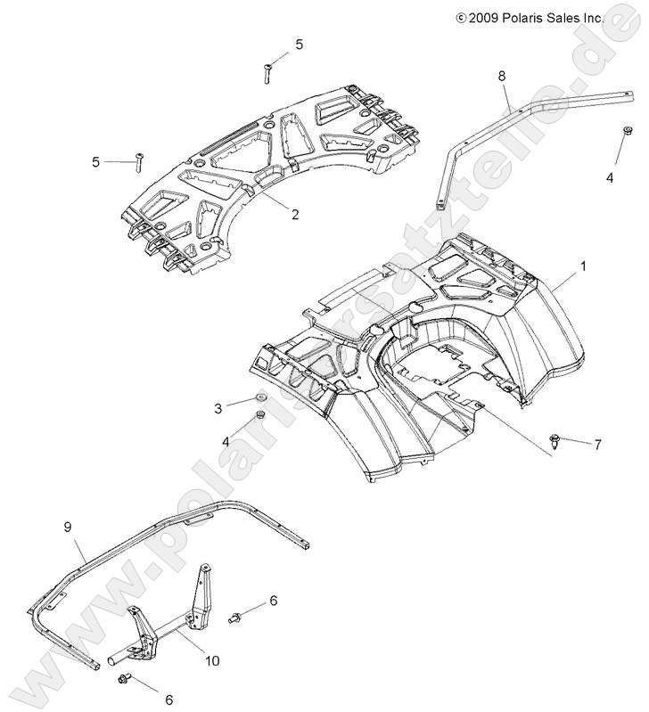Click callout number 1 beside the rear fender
pos(583,266)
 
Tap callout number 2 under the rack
pos(269,214)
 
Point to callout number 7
pos(598,443)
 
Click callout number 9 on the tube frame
pos(67,528)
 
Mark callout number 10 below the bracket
pos(211,660)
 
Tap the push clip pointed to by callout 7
pos(555,438)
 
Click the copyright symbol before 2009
pos(461,17)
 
